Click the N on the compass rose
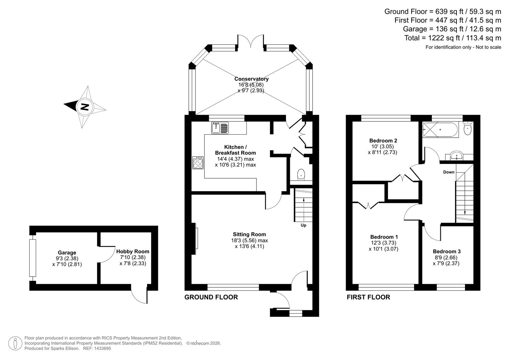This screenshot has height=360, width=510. (84, 107)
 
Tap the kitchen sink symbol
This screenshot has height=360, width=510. (220, 128)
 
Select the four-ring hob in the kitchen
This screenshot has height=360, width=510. (198, 163)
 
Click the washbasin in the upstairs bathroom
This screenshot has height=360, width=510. (456, 156)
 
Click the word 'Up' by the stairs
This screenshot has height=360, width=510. (303, 225)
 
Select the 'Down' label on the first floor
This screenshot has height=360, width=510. (449, 172)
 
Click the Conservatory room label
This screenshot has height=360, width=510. (251, 79)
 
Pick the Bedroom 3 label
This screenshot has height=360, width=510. (447, 251)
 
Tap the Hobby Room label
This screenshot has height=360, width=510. (133, 251)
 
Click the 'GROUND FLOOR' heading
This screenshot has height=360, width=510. (211, 297)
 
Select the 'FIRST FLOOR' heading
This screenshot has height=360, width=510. (368, 297)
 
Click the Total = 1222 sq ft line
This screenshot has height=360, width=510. (453, 38)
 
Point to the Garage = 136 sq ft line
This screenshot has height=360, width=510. (452, 29)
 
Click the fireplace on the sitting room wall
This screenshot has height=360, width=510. (195, 238)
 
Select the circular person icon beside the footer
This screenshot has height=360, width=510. (15, 343)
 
